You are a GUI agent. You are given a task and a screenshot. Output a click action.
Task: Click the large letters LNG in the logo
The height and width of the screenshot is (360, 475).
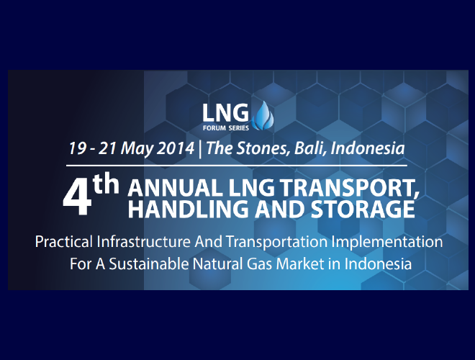[225, 113]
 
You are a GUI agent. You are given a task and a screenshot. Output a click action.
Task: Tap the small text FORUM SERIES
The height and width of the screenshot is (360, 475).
[226, 128]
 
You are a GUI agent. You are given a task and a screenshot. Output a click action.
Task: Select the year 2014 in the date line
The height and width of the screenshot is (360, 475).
[176, 148]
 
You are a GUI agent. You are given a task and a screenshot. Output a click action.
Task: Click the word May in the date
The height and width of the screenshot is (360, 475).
[138, 149]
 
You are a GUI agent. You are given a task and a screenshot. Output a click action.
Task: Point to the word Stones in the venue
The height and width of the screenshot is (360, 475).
[261, 148]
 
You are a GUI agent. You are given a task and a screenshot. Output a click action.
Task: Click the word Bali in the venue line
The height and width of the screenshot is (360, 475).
[310, 148]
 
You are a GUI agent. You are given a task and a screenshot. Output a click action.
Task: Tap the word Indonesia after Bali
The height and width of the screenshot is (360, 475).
[368, 148]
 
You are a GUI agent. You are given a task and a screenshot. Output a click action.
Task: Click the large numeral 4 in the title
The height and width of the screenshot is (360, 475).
[77, 199]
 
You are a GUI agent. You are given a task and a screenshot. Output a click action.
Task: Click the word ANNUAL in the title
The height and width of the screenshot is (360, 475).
[175, 188]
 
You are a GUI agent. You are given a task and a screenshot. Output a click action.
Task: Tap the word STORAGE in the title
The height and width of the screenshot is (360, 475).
[363, 209]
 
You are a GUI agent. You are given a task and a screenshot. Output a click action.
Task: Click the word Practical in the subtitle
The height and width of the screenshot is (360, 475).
[64, 242]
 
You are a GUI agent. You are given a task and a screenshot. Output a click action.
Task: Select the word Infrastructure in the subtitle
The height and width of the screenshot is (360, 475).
[144, 241]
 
